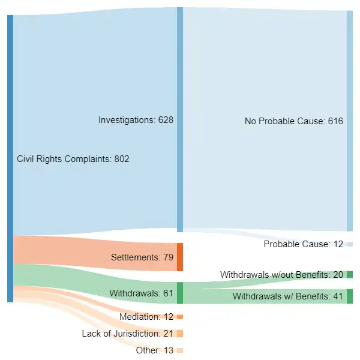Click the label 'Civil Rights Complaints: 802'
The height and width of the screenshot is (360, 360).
click(73, 159)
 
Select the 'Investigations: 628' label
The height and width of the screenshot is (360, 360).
click(136, 120)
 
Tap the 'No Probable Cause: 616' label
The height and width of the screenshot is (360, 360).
click(293, 121)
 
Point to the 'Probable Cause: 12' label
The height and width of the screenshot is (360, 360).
click(303, 244)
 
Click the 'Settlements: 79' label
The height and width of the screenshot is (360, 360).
click(142, 257)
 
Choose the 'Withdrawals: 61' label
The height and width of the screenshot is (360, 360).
click(141, 293)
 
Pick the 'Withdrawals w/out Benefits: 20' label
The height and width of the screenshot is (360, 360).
click(281, 274)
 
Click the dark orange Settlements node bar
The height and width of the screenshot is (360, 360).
click(180, 257)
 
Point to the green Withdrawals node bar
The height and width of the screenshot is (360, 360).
click(180, 293)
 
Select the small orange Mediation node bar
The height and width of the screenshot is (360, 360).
click(180, 317)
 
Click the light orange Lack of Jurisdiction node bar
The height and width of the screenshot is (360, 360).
click(180, 334)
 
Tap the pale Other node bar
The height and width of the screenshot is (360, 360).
click(180, 350)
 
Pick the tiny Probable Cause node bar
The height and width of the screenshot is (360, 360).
click(350, 244)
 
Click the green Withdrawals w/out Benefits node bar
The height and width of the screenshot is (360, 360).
click(350, 274)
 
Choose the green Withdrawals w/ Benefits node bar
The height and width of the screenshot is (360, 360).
click(350, 296)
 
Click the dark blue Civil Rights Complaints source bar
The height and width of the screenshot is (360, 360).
click(10, 158)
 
